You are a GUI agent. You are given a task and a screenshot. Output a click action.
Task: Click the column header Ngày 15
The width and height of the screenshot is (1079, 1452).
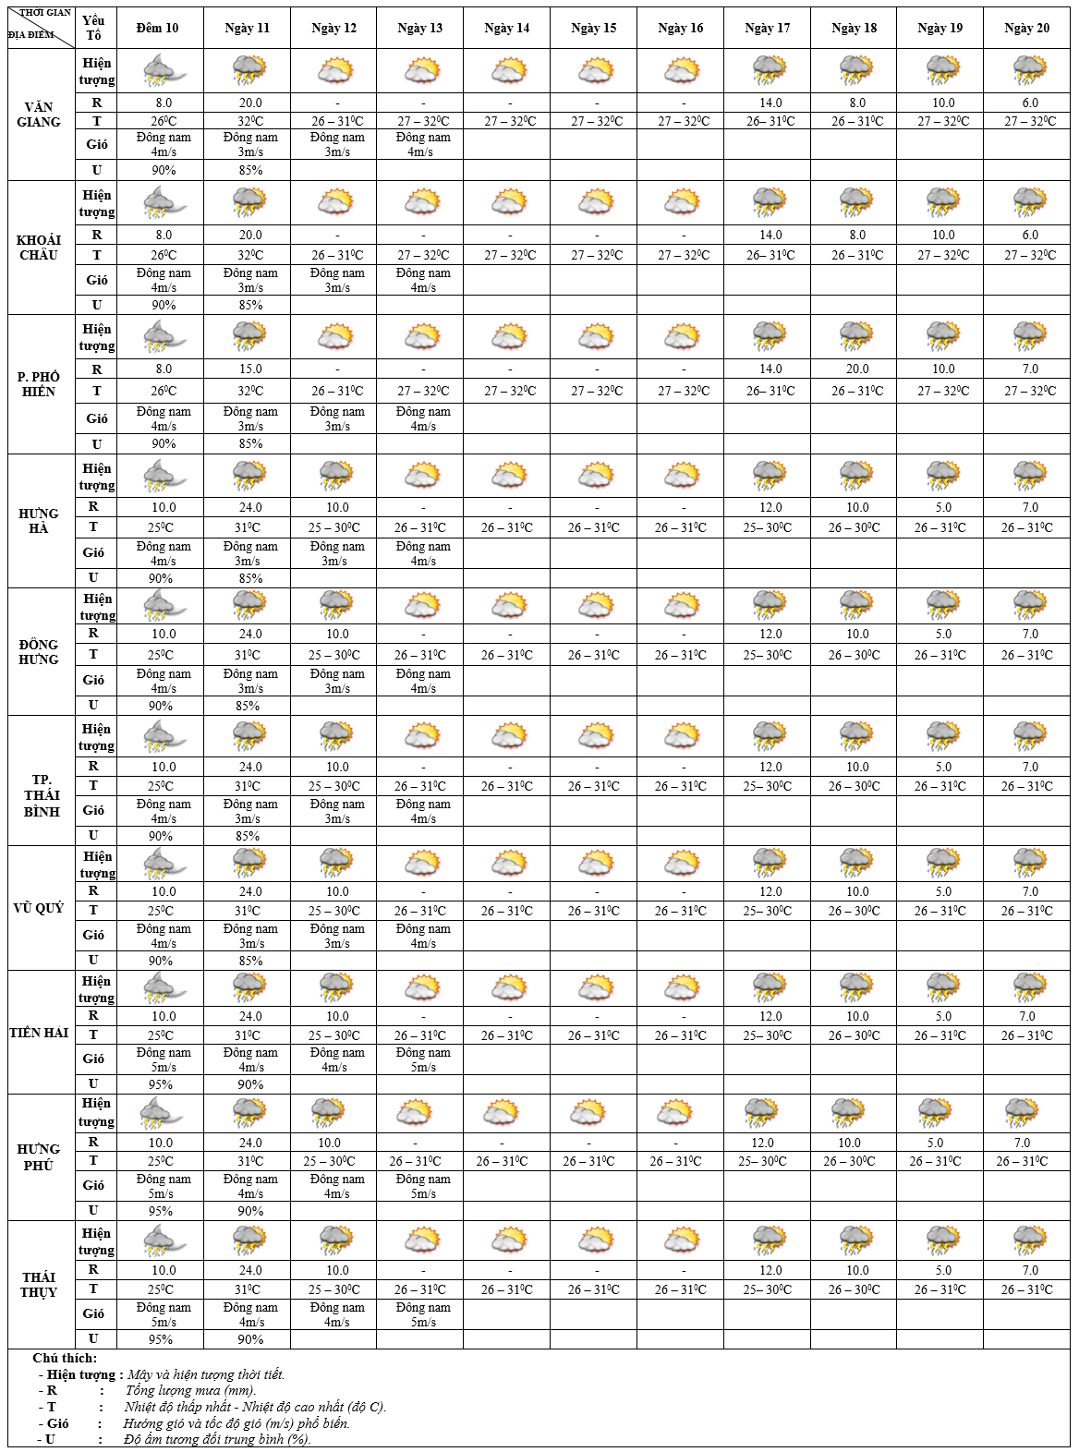593,28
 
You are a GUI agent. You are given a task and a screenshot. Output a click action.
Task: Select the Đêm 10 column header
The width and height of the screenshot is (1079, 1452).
157,28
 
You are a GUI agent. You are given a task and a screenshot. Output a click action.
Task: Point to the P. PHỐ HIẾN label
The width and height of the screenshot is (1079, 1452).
39,383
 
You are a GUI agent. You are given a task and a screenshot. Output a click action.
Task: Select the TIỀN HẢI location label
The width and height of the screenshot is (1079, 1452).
39,1033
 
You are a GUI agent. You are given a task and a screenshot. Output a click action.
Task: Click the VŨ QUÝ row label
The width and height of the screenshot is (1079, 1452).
39,908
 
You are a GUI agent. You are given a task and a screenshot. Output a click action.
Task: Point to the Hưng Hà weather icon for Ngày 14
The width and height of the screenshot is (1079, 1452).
508,476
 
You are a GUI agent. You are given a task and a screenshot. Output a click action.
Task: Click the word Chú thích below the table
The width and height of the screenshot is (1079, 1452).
65,1358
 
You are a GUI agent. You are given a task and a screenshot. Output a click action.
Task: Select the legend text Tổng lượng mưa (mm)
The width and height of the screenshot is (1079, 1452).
190,1390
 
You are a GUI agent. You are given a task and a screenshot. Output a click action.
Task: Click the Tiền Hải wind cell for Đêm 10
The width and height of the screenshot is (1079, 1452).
163,1059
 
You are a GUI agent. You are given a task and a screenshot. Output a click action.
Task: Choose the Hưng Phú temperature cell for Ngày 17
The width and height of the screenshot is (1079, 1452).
764,1161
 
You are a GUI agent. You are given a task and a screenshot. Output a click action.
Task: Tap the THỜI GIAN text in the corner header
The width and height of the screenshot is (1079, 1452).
45,13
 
